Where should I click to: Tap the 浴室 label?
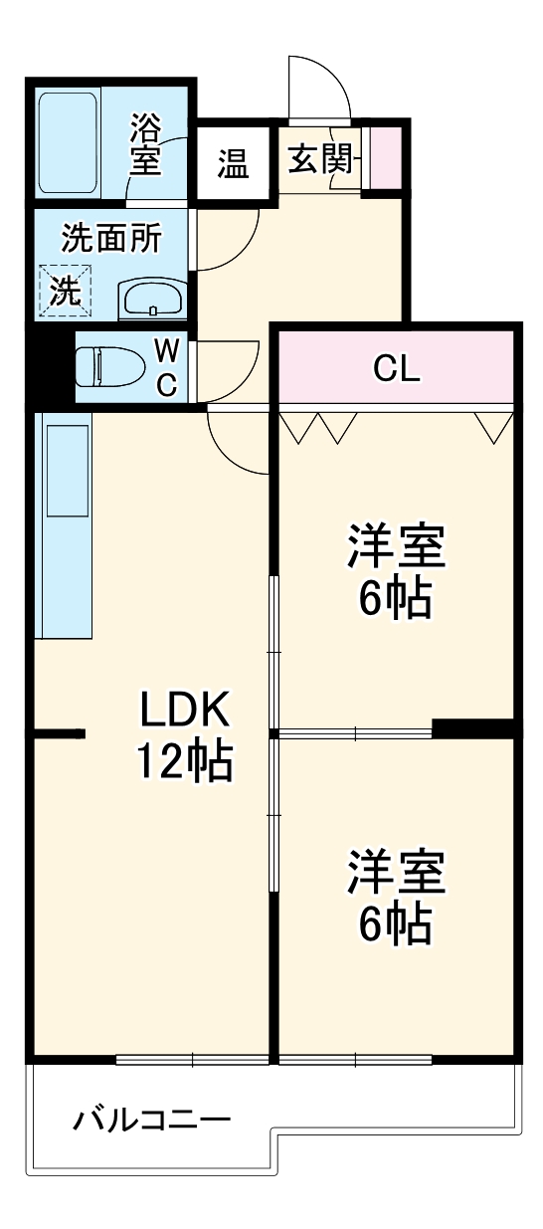coord(145,144)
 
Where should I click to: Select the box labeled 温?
coord(234,163)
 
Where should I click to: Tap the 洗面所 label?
coord(109,239)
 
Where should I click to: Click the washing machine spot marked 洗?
coord(65,292)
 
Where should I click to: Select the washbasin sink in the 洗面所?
coord(152,299)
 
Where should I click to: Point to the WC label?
coord(167,367)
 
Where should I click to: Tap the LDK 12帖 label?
coord(184,735)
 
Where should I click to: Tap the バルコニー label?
coord(151,1122)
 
